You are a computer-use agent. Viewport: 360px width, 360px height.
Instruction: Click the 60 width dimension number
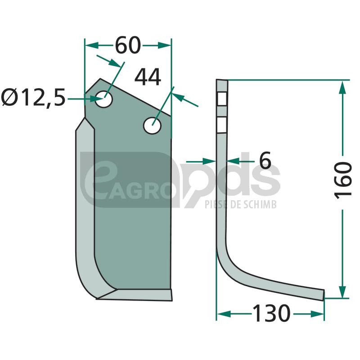point(128,45)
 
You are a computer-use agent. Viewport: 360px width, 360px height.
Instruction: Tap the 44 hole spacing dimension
point(148,77)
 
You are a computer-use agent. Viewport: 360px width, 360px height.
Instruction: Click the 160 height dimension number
point(342,180)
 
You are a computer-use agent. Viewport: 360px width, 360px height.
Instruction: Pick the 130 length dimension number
point(271,313)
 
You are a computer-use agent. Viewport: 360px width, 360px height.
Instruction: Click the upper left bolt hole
point(104,99)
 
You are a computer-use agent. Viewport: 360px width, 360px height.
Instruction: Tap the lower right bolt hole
point(152,126)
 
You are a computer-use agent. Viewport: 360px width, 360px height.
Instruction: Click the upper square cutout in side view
point(222,99)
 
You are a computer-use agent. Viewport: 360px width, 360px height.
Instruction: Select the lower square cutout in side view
point(222,125)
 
